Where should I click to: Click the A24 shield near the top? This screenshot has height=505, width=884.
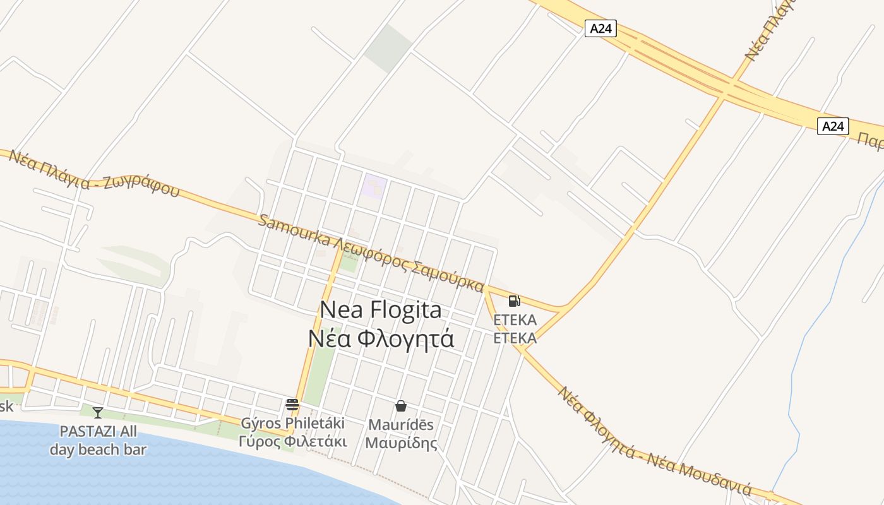(x=600, y=28)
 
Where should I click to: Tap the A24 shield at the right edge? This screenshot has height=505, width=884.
(x=833, y=126)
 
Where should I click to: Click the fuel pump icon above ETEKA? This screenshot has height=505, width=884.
(x=514, y=301)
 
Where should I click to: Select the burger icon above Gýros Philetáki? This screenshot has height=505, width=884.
(x=292, y=405)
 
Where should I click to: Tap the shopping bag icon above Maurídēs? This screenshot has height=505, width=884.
(x=400, y=405)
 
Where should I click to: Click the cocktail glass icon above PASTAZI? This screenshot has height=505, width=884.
(x=98, y=413)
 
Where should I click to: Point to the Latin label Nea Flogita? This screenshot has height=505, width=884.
(x=381, y=310)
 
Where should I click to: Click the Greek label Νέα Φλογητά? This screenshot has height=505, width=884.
(x=381, y=339)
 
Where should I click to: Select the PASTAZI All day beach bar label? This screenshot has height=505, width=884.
(x=98, y=441)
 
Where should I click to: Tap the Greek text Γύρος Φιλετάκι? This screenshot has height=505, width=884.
(x=293, y=441)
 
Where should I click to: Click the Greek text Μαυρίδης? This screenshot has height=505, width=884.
(x=401, y=443)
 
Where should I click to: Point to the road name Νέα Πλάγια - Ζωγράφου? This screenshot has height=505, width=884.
(x=95, y=174)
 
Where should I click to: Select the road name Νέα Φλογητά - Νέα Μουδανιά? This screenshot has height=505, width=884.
(x=654, y=442)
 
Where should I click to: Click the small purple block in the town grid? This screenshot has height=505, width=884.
(x=374, y=187)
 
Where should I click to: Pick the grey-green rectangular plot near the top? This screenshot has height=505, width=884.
(x=388, y=48)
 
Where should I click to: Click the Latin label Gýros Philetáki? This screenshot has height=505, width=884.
(x=293, y=423)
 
